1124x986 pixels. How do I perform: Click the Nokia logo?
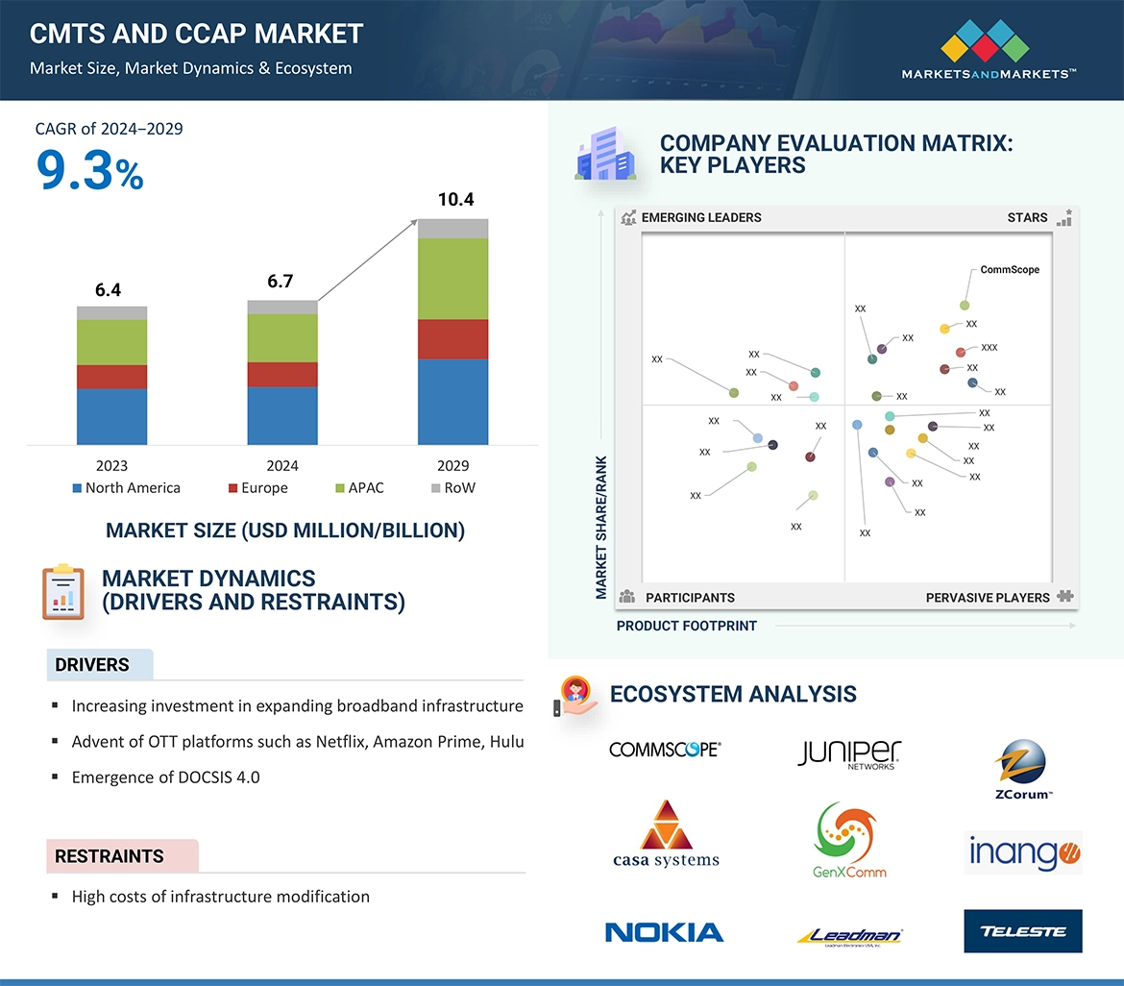[x=664, y=931]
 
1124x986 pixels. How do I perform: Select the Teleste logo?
[x=1022, y=931]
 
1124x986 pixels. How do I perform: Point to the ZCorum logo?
[x=1022, y=769]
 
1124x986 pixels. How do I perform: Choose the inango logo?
[x=1022, y=852]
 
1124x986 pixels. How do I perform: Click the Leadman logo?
[x=849, y=935]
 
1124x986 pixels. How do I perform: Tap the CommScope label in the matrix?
[x=1010, y=270]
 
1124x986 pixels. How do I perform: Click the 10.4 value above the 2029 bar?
[x=455, y=200]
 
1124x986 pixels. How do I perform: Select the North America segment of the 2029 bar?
[x=452, y=402]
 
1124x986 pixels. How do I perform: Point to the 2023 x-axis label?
[x=111, y=466]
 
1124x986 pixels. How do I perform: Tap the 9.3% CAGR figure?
[x=89, y=170]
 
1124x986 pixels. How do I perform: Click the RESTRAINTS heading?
[x=110, y=856]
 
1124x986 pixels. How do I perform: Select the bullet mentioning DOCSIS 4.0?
[x=165, y=776]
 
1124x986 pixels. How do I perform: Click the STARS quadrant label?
[x=1027, y=217]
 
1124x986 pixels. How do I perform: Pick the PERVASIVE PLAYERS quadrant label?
[x=988, y=598]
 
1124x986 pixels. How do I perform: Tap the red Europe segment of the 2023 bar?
[x=111, y=377]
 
